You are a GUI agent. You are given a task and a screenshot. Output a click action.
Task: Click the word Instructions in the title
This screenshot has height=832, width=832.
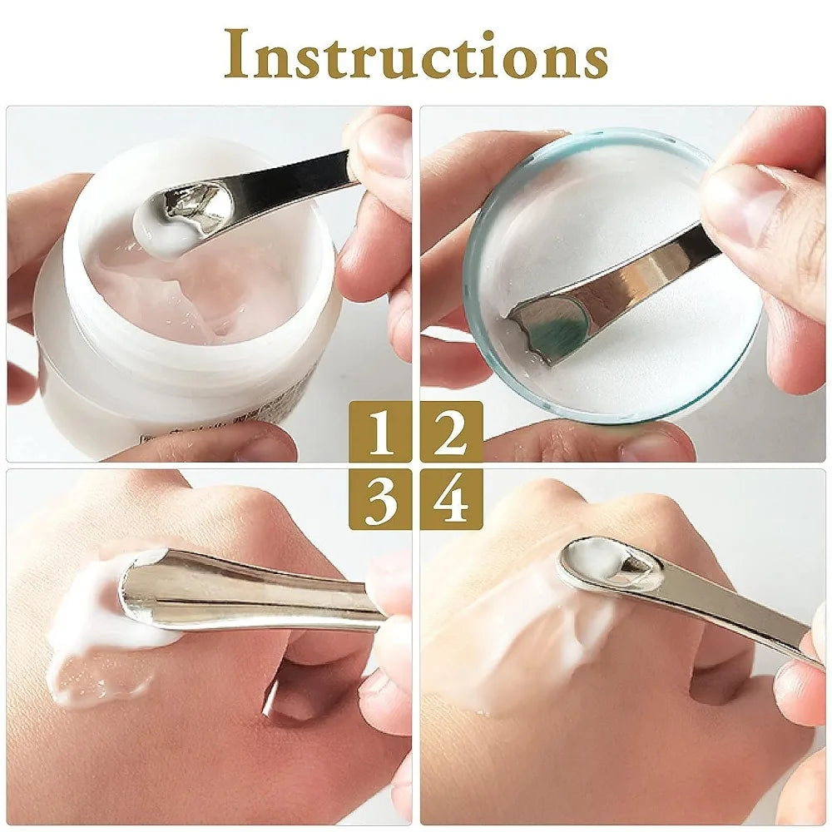coord(416,57)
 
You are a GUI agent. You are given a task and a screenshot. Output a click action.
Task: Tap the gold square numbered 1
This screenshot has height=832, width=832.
coord(381,432)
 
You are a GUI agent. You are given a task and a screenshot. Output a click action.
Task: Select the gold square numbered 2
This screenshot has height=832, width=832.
coord(451,432)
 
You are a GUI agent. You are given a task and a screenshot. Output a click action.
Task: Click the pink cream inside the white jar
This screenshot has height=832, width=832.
coord(200,300)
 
